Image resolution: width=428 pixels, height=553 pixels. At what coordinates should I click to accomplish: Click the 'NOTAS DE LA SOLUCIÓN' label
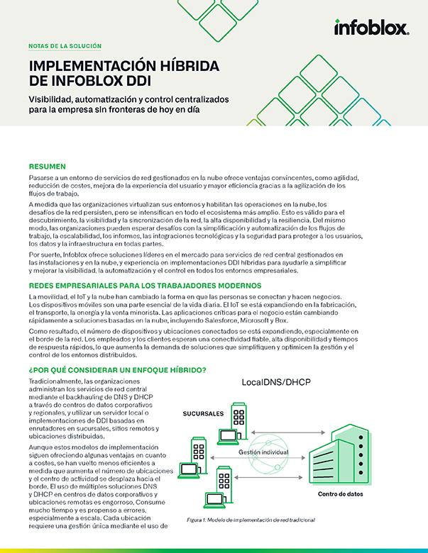pos(65,46)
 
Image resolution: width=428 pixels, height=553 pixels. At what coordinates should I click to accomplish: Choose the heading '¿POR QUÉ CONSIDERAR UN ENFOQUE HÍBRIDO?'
pos(117,370)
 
